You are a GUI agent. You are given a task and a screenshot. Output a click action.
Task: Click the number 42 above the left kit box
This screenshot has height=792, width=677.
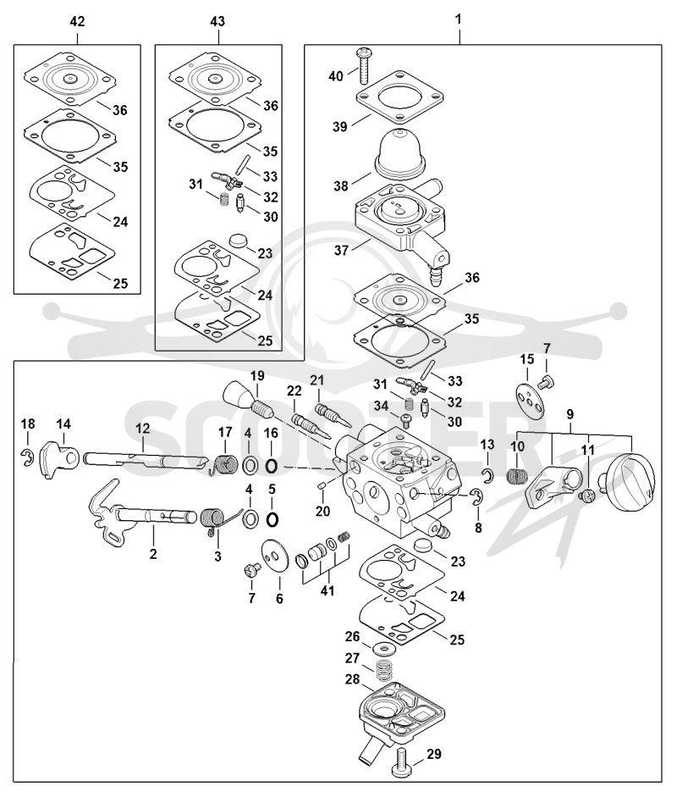77,22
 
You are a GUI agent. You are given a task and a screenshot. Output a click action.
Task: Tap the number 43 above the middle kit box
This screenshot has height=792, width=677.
217,22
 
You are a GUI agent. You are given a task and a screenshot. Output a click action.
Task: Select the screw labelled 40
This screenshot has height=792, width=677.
363,66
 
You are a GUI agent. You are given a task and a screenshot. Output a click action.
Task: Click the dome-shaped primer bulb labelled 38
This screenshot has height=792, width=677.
399,152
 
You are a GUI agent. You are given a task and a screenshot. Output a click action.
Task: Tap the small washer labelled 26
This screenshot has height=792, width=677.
385,647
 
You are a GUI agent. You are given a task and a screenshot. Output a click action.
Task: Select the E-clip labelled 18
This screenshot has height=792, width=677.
28,457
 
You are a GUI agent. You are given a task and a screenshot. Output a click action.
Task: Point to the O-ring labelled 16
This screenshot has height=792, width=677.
271,466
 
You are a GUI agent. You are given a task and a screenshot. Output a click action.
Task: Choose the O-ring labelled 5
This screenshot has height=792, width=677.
272,519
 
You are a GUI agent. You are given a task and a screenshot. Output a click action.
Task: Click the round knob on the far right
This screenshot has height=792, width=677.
631,476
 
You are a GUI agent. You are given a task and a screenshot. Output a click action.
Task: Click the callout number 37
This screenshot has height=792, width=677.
342,250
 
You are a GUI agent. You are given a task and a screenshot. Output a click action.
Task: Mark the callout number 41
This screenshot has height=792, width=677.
327,590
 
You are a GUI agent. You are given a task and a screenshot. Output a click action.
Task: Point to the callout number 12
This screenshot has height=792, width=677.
143,429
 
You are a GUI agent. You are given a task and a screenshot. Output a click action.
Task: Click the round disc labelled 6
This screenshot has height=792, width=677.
275,557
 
